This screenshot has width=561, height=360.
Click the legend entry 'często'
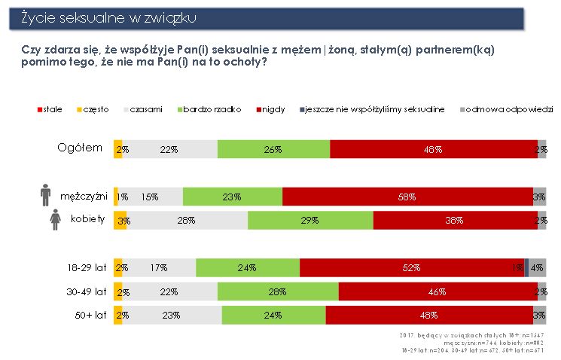96,110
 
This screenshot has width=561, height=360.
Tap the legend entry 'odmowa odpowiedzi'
510,110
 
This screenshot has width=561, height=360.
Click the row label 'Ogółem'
80,148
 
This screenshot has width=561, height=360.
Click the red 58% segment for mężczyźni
407,196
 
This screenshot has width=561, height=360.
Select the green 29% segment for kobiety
310,220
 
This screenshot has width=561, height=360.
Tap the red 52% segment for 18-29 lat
411,267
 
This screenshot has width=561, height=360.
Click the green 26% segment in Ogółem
273,149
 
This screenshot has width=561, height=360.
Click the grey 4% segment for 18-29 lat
538,267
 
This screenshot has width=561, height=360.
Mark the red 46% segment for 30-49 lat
437,291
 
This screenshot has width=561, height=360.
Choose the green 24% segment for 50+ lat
273,315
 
